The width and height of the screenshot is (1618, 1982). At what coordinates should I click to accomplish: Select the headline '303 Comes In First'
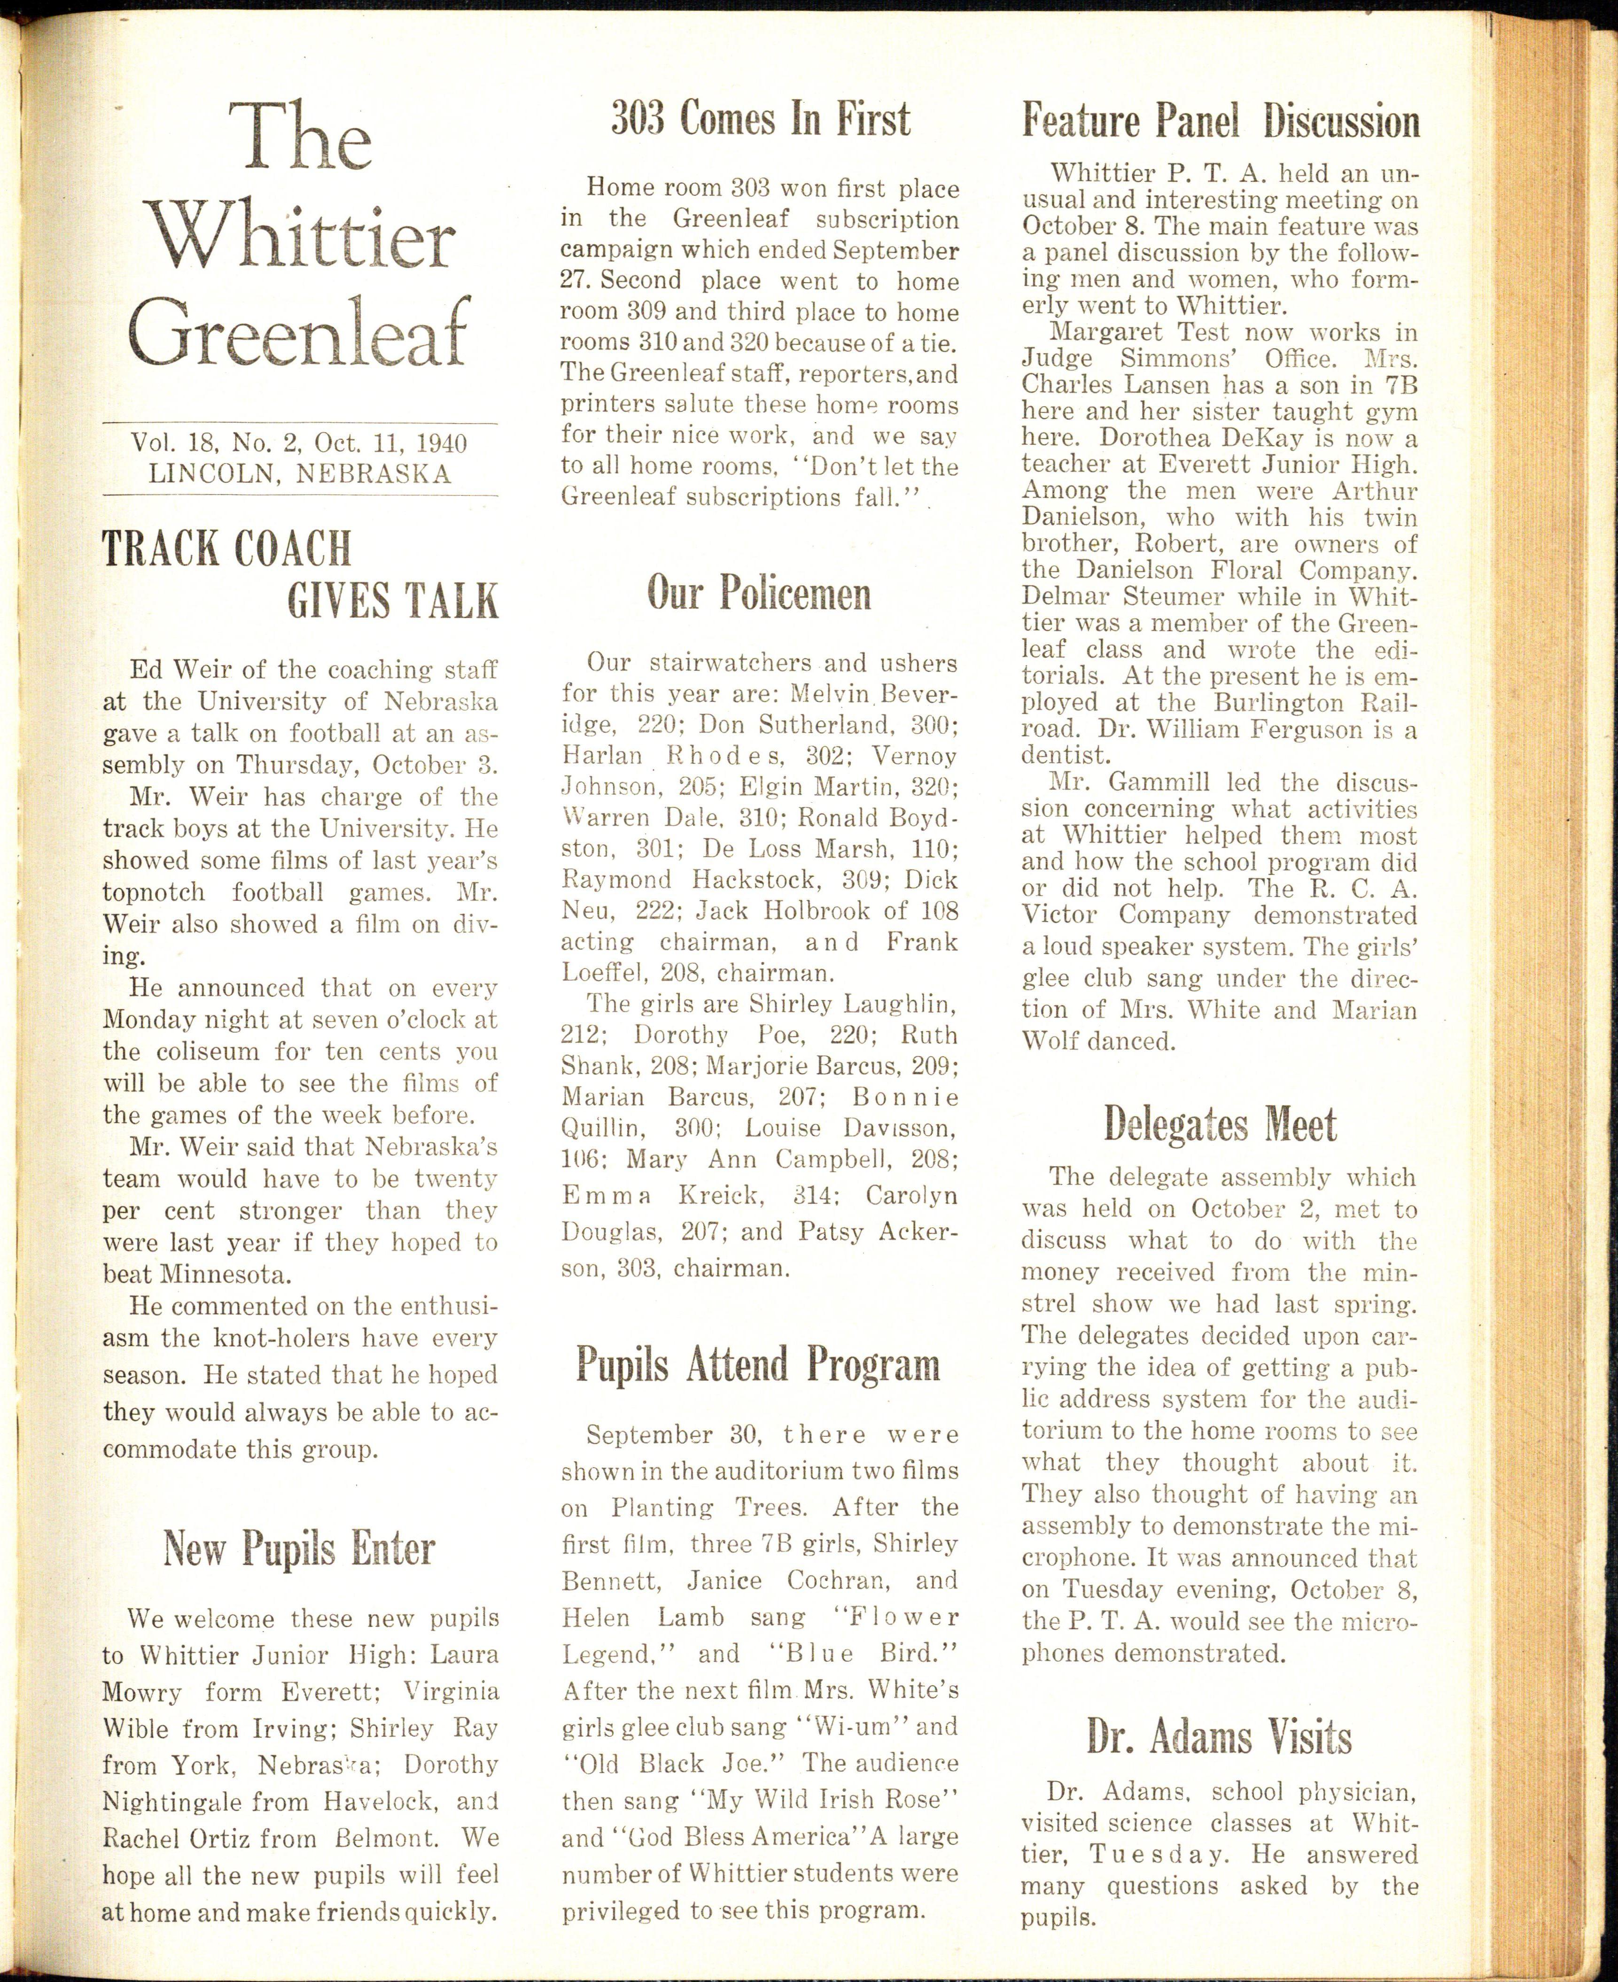[x=760, y=119]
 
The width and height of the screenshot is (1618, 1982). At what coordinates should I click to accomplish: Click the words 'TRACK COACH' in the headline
[x=226, y=549]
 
